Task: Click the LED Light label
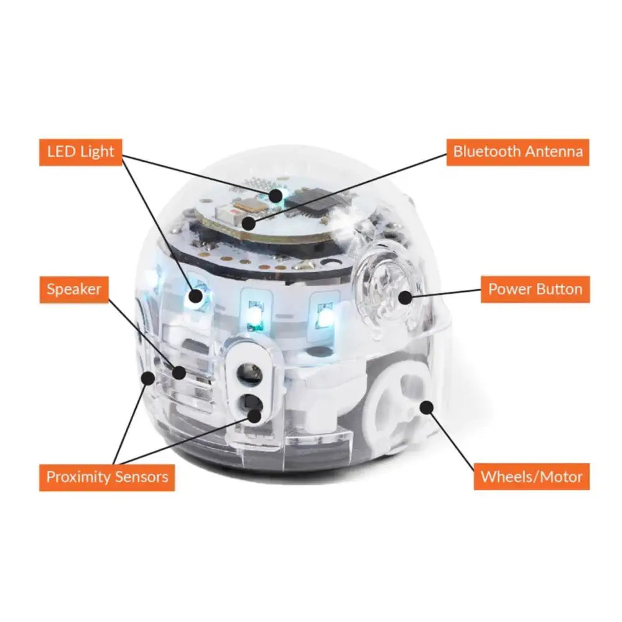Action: [x=81, y=152]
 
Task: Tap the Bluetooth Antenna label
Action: [x=518, y=152]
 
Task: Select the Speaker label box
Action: [x=73, y=289]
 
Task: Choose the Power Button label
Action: [x=535, y=289]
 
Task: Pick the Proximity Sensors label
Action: [x=107, y=477]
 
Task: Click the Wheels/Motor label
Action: [x=531, y=477]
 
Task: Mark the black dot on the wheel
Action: [x=426, y=407]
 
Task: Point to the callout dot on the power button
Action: [x=405, y=297]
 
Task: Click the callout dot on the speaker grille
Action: [x=179, y=373]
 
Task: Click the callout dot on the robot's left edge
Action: [x=148, y=378]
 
